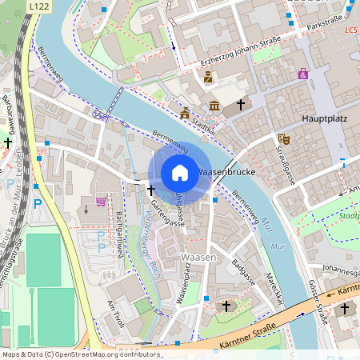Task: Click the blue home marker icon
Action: coord(180,173)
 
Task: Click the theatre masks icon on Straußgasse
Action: coord(282,138)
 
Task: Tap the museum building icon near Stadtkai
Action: coord(214,106)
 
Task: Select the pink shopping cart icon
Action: coord(102,201)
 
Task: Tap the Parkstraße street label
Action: coord(325,22)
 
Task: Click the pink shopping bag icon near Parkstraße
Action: coord(303,74)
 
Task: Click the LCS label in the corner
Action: coord(350,30)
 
